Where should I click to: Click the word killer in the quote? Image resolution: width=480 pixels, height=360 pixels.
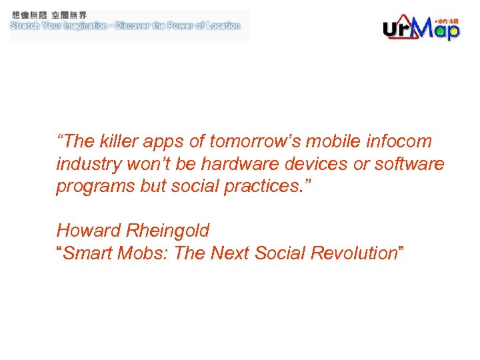tap(119, 141)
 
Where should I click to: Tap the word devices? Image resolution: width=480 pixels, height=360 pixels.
tap(313, 164)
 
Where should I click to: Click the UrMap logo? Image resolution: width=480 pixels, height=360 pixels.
tap(421, 27)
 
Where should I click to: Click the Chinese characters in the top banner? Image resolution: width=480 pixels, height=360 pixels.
tap(49, 15)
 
